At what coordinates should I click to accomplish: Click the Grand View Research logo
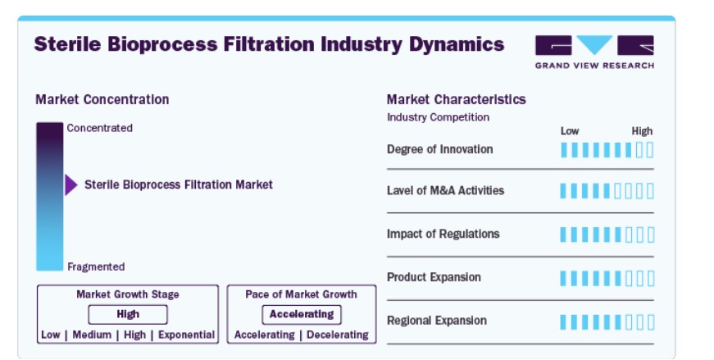point(594,52)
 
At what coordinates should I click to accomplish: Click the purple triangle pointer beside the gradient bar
point(70,185)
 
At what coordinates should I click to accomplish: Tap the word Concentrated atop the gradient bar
point(100,128)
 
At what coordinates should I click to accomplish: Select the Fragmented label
point(96,267)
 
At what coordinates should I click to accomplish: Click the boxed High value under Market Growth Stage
point(128,314)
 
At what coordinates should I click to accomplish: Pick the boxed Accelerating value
point(302,314)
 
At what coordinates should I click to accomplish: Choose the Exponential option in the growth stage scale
point(186,335)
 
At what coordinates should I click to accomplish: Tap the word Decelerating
point(338,335)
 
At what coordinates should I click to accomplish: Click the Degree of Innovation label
point(440,149)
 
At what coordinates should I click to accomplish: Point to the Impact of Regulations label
point(443,235)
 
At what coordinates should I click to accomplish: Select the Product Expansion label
point(434,277)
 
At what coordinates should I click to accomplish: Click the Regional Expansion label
point(437,321)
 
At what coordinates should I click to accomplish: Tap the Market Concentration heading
point(102,99)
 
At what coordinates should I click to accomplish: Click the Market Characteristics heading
point(457,99)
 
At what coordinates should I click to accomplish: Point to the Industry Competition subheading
point(438,117)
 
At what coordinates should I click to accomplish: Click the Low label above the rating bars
point(570,131)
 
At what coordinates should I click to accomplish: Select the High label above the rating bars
point(642,131)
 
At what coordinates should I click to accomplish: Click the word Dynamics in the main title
point(457,44)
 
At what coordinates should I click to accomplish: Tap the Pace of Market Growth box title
point(301,294)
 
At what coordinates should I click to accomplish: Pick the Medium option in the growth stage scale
point(92,335)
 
